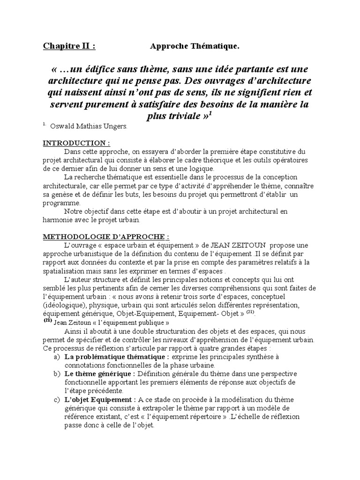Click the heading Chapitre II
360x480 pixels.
tap(69, 46)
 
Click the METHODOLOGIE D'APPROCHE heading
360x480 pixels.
tap(106, 237)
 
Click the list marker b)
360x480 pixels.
tap(57, 374)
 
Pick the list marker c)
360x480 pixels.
tap(57, 399)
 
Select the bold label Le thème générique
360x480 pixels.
tap(100, 374)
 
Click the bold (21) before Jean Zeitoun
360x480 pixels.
tap(48, 322)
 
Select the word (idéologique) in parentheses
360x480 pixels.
tap(64, 305)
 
